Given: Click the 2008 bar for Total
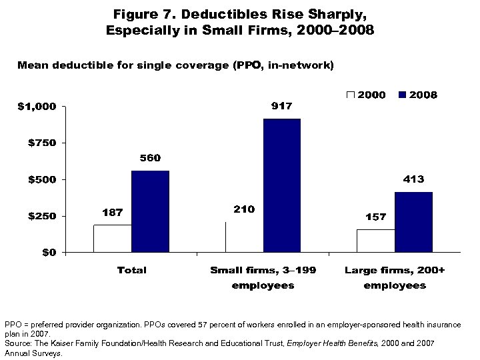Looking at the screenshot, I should tap(150, 211).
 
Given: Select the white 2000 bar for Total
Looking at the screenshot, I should tap(113, 239).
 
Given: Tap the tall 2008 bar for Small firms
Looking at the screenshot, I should tap(281, 185).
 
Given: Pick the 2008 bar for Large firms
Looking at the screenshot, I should tap(413, 222).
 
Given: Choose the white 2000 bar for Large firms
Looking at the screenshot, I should tap(376, 241).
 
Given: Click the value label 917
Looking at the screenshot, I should tap(281, 107).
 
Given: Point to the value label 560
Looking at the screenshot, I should tap(149, 159).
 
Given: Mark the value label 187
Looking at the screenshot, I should tap(112, 213).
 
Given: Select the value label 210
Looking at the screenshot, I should tap(244, 209).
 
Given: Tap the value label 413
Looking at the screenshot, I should tap(413, 179).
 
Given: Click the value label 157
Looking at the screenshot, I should tap(376, 217).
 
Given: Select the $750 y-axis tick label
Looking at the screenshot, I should tap(42, 143).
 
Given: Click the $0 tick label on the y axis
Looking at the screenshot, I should tap(47, 253).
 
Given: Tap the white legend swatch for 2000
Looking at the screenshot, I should tap(351, 95).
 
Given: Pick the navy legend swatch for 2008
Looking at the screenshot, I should tap(403, 95).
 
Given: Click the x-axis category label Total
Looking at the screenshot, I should tap(131, 270).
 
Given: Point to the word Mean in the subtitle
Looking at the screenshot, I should tap(31, 65).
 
